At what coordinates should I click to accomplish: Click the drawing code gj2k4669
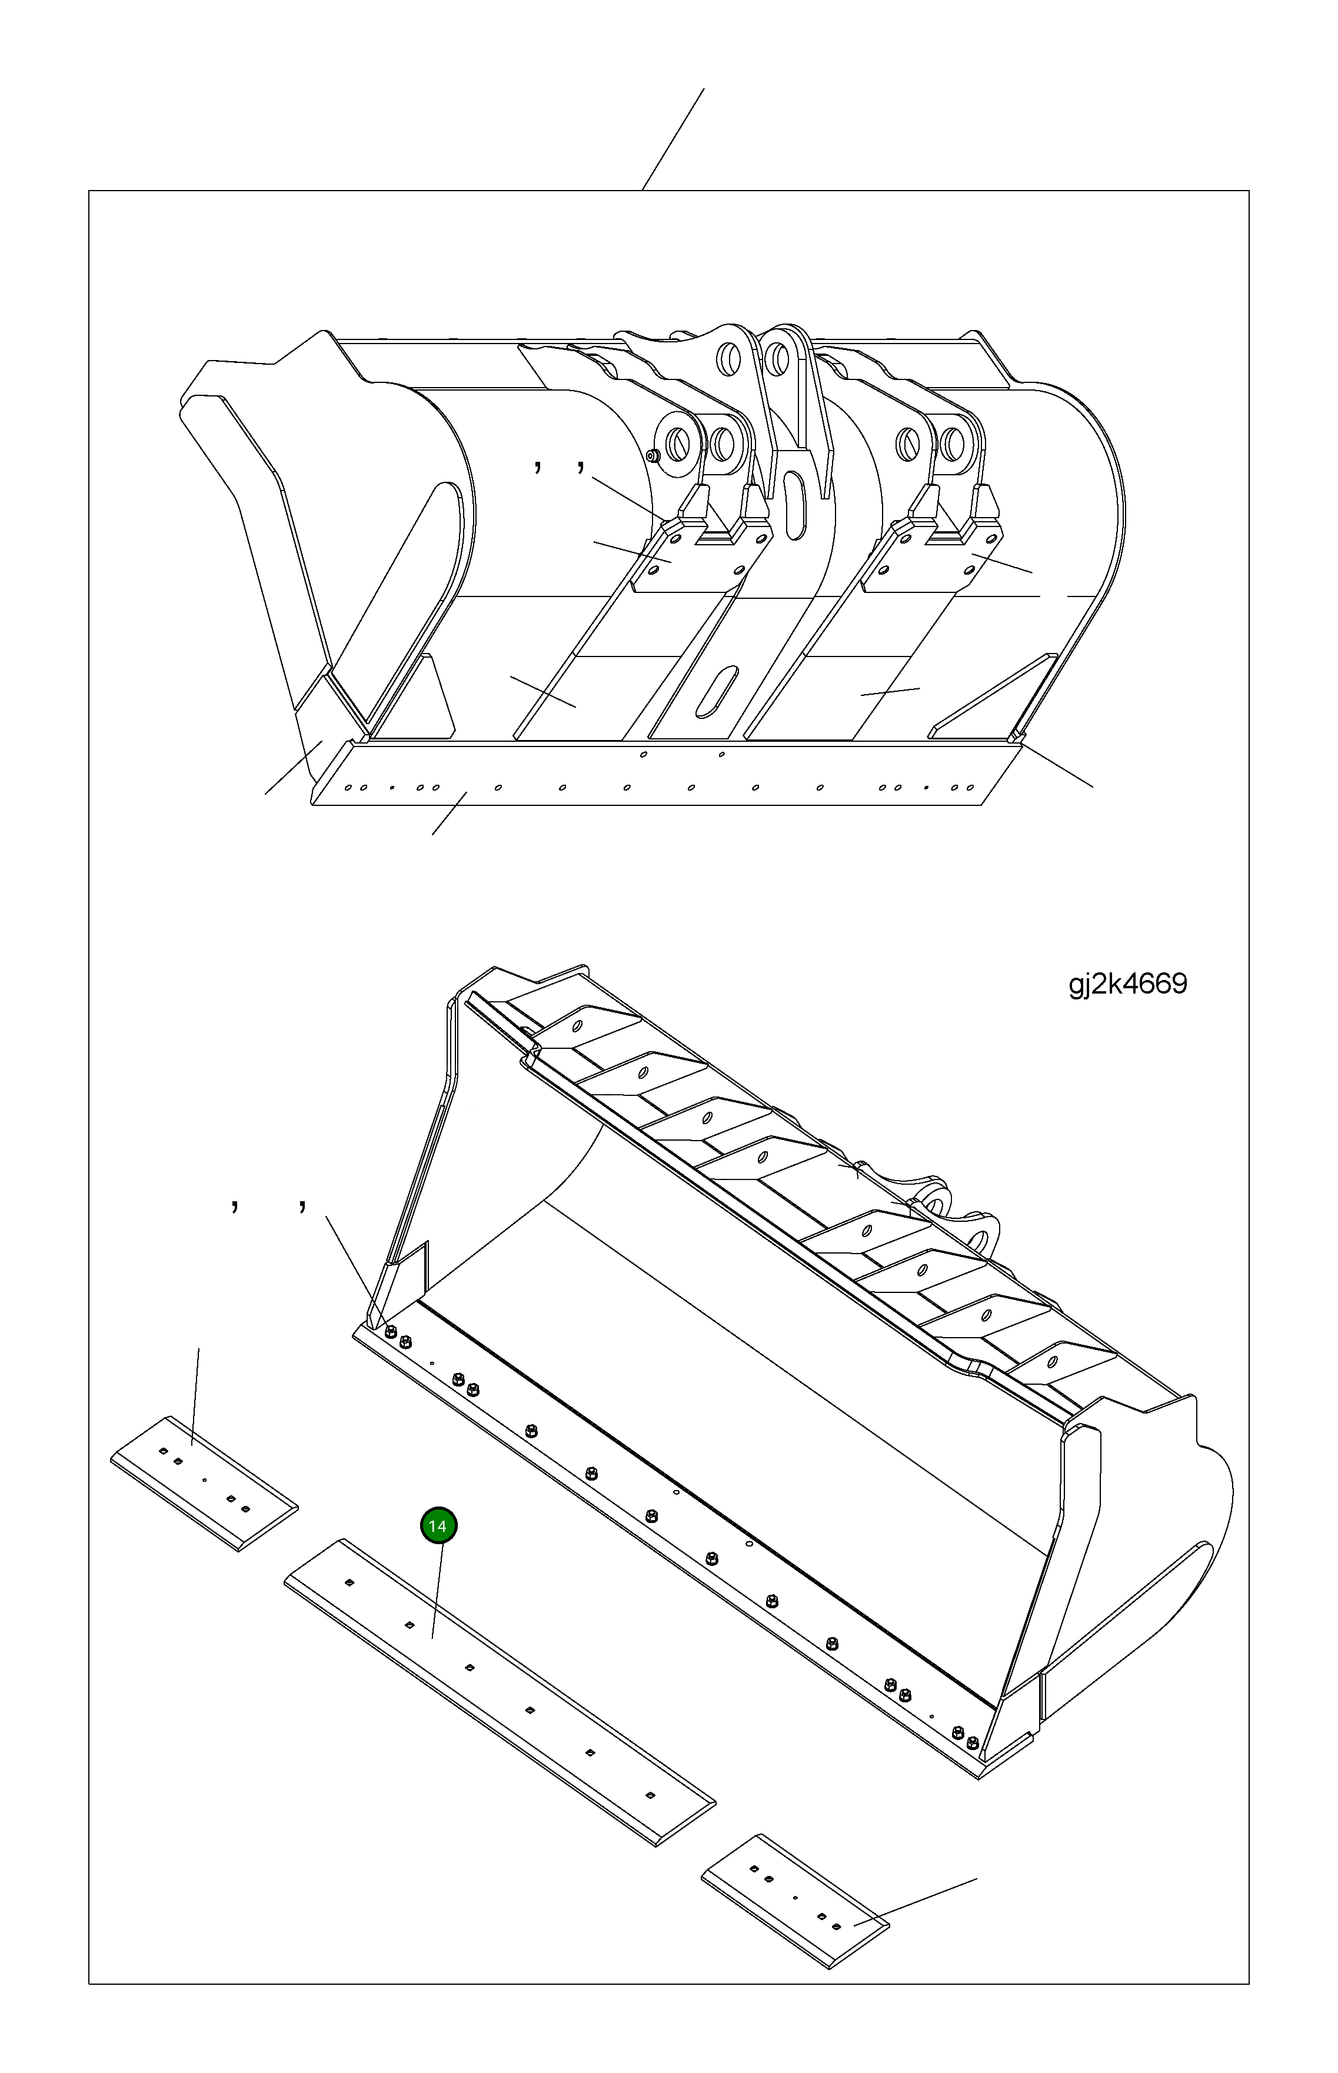pos(1128,984)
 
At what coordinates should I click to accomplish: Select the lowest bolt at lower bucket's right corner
pos(971,1743)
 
